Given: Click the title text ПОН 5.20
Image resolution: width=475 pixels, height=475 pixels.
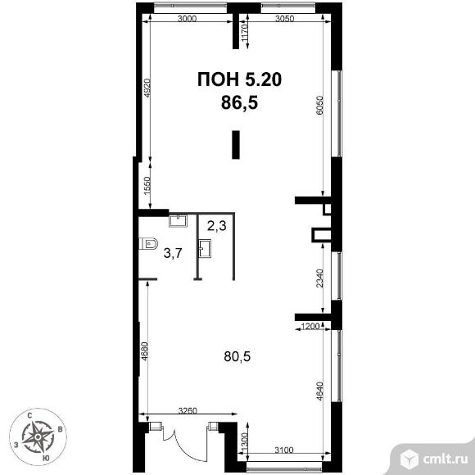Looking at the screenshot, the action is pyautogui.click(x=239, y=79).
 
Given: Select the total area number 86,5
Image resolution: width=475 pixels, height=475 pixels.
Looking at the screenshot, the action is pyautogui.click(x=239, y=102).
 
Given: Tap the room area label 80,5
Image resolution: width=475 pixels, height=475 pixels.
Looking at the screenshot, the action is pyautogui.click(x=237, y=356).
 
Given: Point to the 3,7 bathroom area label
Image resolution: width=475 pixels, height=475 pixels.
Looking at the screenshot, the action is pyautogui.click(x=173, y=253).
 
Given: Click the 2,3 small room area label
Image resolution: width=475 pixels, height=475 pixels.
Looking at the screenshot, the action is pyautogui.click(x=217, y=225).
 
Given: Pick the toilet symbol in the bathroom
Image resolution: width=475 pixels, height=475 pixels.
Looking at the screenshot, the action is pyautogui.click(x=148, y=243).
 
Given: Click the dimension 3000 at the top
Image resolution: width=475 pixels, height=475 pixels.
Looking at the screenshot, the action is pyautogui.click(x=187, y=19).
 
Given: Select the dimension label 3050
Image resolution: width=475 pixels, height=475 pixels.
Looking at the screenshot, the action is pyautogui.click(x=284, y=19).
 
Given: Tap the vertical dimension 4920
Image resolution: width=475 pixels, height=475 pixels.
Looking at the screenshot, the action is pyautogui.click(x=147, y=88).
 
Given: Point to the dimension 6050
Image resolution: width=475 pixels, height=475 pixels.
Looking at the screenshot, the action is pyautogui.click(x=320, y=106).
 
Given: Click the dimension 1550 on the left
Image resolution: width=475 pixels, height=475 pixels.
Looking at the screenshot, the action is pyautogui.click(x=147, y=186).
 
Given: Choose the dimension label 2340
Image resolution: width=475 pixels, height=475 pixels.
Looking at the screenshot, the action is pyautogui.click(x=320, y=278).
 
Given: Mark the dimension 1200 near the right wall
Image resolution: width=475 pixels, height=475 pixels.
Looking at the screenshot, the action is pyautogui.click(x=311, y=326).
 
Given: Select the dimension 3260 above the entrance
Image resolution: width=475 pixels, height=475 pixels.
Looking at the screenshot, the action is pyautogui.click(x=188, y=411).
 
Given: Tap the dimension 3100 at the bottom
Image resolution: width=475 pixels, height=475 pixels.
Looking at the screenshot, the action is pyautogui.click(x=284, y=450).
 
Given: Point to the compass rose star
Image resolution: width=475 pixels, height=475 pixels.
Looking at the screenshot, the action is pyautogui.click(x=38, y=437).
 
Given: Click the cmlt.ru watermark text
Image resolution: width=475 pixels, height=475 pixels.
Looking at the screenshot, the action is pyautogui.click(x=445, y=459).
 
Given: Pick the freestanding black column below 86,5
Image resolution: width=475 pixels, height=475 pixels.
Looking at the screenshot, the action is pyautogui.click(x=236, y=145).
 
